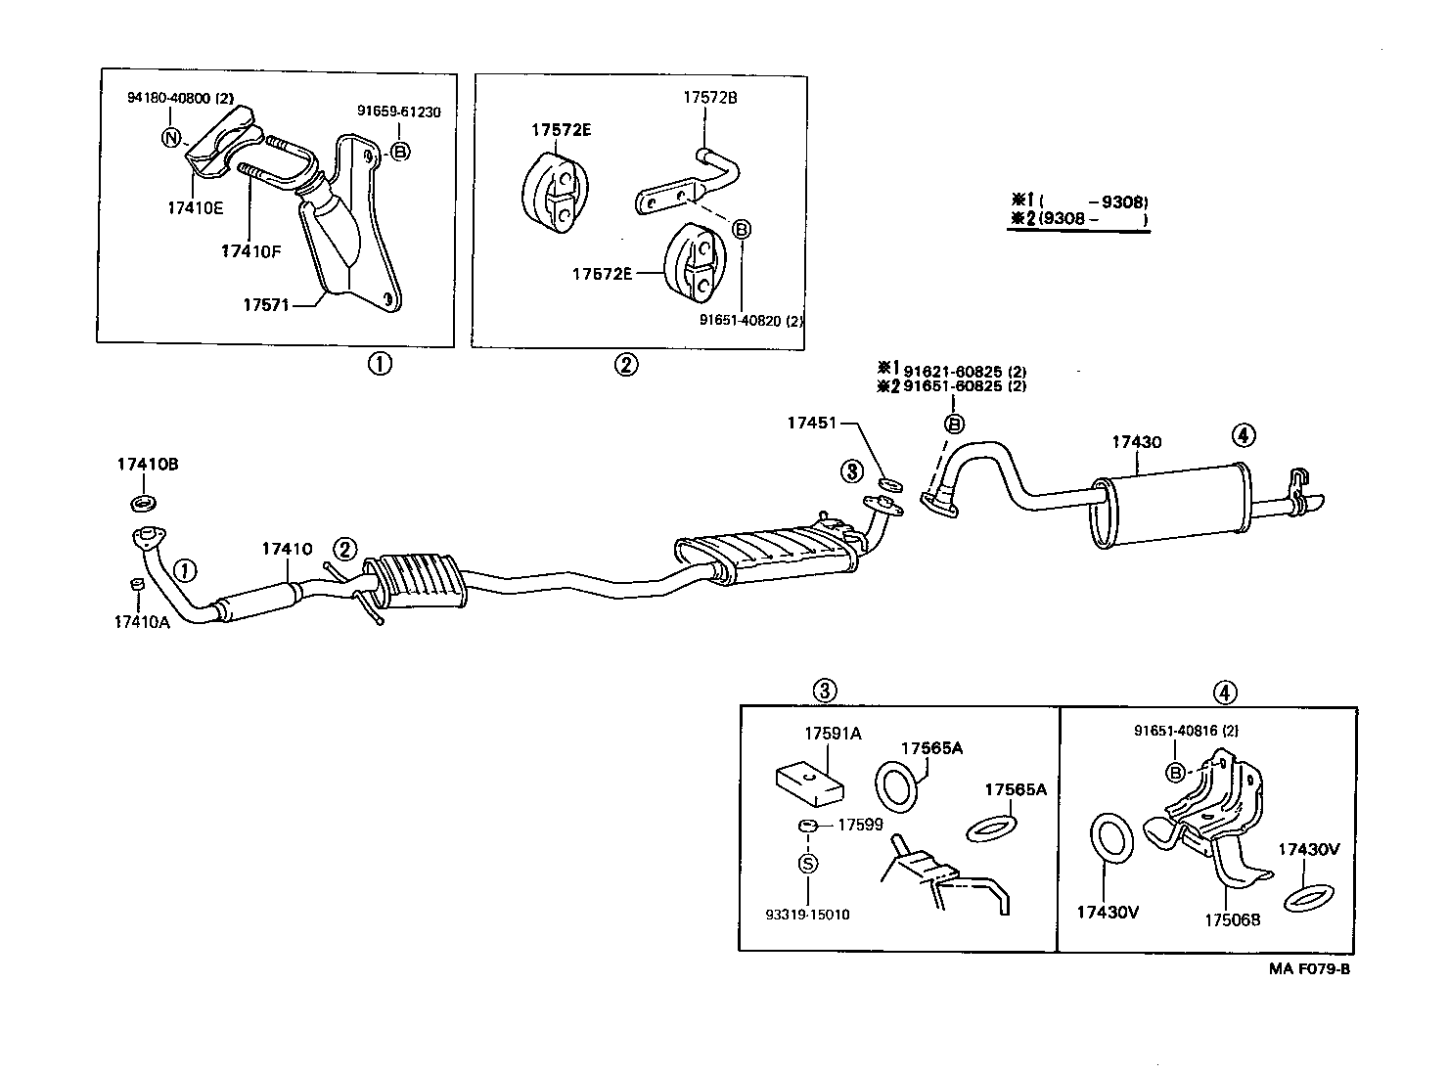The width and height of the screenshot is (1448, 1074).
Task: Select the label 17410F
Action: (x=250, y=251)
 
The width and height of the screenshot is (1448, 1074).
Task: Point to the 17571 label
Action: (x=266, y=305)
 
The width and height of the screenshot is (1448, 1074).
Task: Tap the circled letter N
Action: (x=170, y=138)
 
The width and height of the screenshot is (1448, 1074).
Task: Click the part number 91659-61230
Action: (x=398, y=112)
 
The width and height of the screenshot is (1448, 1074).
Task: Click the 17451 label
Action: (x=811, y=423)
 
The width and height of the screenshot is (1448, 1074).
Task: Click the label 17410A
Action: (x=143, y=621)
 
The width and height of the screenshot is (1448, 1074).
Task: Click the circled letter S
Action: (x=808, y=863)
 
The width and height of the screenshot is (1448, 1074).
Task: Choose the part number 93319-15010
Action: (x=807, y=915)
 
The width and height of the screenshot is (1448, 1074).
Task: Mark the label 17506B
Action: (x=1232, y=919)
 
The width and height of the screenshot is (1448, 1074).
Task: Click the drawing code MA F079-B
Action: (x=1310, y=968)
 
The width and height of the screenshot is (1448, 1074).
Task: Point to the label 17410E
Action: (x=195, y=207)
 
